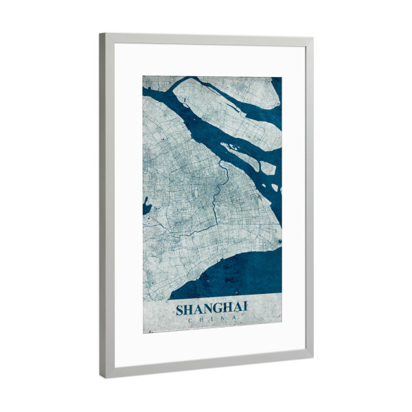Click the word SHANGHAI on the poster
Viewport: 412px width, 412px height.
211,310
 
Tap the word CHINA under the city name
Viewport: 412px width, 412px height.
211,319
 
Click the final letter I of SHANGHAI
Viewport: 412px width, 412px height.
245,310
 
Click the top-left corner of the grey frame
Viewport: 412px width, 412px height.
101,34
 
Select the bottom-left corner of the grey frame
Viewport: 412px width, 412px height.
102,376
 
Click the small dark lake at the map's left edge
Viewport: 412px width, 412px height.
146,205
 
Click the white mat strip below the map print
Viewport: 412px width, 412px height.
206,347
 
